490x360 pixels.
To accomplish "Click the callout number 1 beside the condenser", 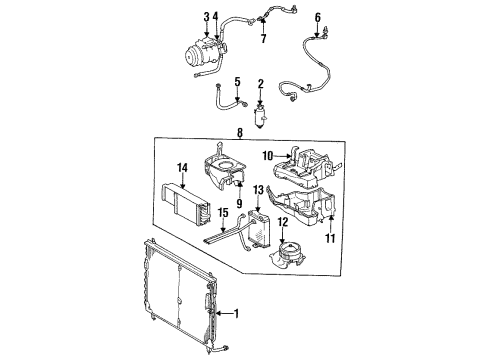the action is click(236, 313).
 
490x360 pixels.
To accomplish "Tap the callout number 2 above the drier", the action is click(261, 84).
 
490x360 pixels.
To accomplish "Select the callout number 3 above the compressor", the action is click(207, 17).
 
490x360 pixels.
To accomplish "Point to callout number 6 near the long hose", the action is click(216, 17).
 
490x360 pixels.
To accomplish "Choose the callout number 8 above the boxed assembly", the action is click(318, 17).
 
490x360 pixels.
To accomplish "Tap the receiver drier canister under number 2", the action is click(260, 117).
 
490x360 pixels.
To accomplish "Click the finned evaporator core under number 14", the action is click(186, 203).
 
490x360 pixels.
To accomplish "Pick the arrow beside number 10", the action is click(283, 155).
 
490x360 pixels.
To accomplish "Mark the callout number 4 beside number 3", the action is click(216, 17).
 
